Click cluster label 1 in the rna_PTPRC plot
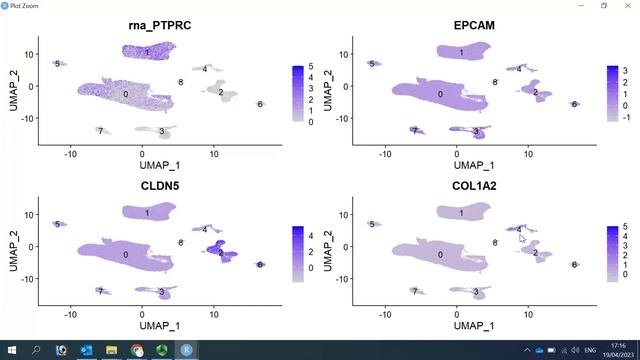point(146,52)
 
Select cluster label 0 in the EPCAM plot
point(440,94)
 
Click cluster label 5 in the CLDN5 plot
point(57,225)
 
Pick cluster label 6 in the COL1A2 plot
point(574,265)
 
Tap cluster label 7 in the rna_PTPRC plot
point(100,131)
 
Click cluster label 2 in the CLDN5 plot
point(220,253)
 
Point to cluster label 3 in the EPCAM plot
point(476,132)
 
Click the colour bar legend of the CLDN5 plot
point(297,250)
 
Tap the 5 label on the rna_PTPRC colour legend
point(311,67)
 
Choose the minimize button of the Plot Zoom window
point(570,6)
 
